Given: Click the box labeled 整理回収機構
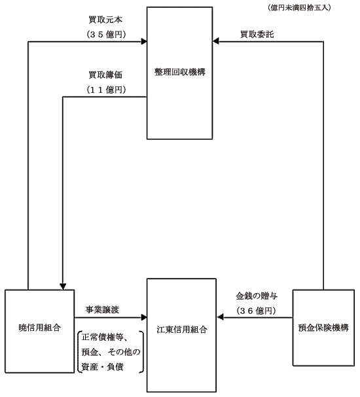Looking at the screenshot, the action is point(179,73).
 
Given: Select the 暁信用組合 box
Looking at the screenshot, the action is point(39,331).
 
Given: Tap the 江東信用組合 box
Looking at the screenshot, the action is point(182,336).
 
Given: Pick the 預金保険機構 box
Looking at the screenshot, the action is point(323,328).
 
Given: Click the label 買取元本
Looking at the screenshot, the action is point(105,20).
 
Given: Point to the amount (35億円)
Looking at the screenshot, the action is point(106,35).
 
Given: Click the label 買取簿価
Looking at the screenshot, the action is point(105,75).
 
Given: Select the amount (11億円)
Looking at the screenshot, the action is point(106,90).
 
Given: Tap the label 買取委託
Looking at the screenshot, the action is point(257,34).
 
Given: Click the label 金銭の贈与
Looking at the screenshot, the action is point(257,296).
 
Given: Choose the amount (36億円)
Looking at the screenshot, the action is point(256,311).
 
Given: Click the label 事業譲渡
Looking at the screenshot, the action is point(102,309).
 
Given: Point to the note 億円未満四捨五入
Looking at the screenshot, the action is point(299,8).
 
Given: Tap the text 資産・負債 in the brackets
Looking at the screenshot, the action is point(102,367).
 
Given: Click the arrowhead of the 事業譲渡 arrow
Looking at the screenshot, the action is point(144,317).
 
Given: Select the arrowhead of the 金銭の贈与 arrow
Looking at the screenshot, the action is point(220,317).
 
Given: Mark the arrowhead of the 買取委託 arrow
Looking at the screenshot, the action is point(216,41).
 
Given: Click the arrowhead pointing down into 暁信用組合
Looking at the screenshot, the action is point(63,286).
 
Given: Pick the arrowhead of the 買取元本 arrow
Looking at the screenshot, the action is point(144,41).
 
